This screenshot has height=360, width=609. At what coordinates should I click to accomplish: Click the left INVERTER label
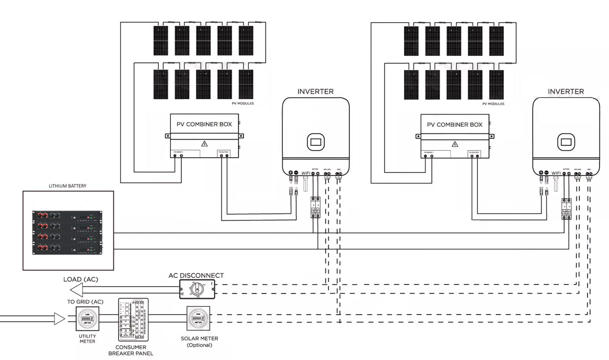pos(315,92)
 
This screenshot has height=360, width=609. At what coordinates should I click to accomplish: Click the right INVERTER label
pos(566,92)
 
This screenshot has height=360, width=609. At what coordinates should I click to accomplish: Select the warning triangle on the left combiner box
pos(205,144)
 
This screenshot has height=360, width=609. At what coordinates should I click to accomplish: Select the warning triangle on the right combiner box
pos(455,144)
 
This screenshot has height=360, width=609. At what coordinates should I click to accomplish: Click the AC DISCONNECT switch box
pos(197,289)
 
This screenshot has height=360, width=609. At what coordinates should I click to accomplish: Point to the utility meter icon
pos(87,319)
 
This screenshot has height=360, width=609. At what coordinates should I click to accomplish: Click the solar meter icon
pos(198,319)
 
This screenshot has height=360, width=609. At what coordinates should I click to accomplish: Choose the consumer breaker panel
pos(133,320)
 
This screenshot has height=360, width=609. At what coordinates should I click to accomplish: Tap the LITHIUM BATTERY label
pos(67,186)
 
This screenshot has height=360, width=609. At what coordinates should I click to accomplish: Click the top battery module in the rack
pos(67,215)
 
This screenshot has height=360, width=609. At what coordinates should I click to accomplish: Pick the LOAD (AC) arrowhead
pos(76,290)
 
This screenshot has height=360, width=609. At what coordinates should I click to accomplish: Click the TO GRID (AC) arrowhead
pos(60,319)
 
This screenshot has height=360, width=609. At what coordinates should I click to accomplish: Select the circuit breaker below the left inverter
pos(315,208)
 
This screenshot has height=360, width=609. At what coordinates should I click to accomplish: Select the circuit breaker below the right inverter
pos(566,209)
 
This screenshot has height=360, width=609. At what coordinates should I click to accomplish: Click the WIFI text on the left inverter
pos(306,173)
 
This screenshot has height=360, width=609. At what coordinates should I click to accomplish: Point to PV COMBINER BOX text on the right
pos(455,125)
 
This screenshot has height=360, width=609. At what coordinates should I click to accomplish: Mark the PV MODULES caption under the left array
pos(243,104)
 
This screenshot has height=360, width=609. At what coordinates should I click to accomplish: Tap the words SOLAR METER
pos(199,338)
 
